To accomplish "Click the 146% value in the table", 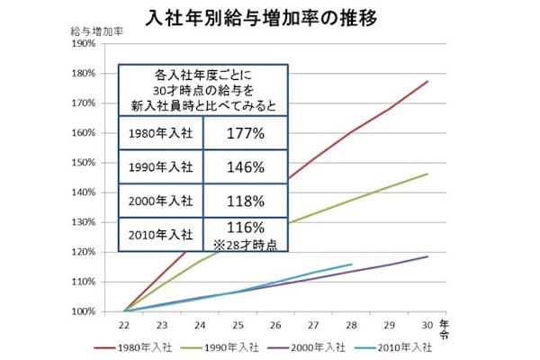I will pos(245,167).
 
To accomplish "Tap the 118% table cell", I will pos(245,200).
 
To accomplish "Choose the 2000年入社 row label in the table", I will pos(161,200).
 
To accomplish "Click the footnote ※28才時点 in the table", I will pos(245,244).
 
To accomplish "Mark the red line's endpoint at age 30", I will pos(427,81).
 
